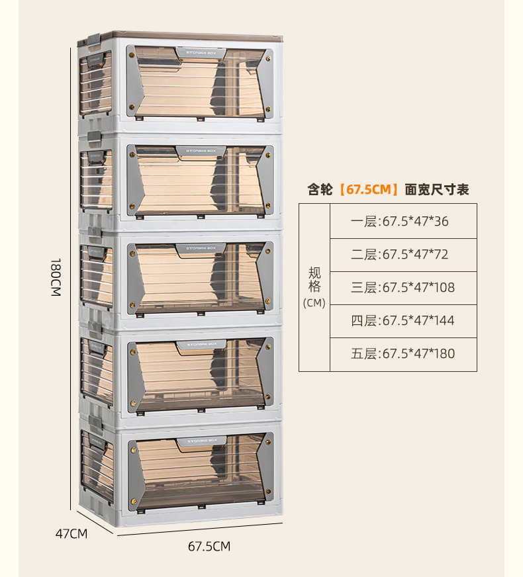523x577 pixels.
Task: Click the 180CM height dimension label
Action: [55, 277]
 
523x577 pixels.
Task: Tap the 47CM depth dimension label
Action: [71, 533]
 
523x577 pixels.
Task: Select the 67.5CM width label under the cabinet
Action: [209, 547]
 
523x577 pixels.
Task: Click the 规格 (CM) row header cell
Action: [314, 287]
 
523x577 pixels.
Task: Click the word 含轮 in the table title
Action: [321, 190]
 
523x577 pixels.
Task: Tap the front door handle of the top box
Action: [201, 53]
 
